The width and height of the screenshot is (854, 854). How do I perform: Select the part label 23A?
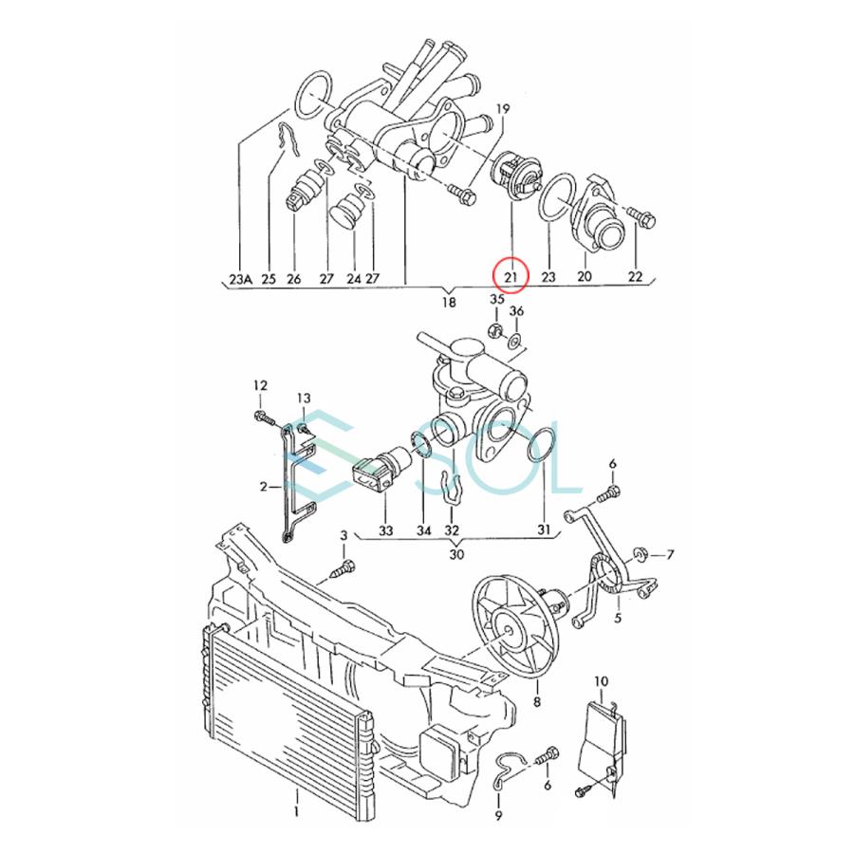(x=240, y=278)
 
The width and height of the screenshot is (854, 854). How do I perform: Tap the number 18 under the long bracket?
(x=448, y=303)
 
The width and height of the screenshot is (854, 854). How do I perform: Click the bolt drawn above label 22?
(x=640, y=219)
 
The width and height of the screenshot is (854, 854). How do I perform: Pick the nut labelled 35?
(x=494, y=330)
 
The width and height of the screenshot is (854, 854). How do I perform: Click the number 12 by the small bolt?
(x=260, y=385)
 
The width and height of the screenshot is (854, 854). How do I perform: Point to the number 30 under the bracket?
(x=456, y=554)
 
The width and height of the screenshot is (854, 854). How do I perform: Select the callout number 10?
(x=601, y=681)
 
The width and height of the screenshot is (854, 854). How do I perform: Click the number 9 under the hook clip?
(x=498, y=814)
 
